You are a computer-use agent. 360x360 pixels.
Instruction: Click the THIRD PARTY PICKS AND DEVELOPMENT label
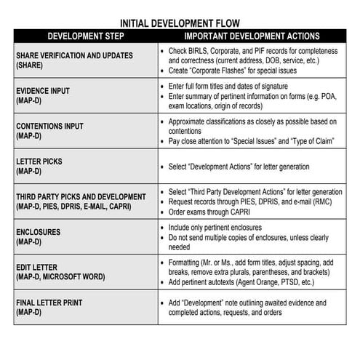click(x=81, y=196)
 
